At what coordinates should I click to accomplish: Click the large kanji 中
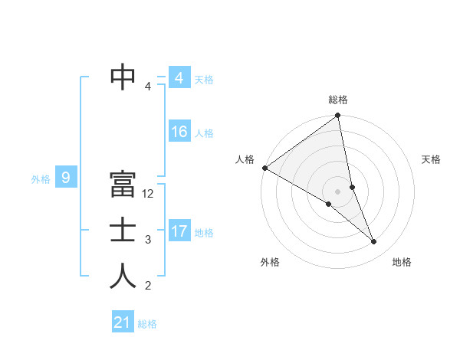[123, 77]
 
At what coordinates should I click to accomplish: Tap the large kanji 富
[123, 185]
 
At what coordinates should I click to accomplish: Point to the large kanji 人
[123, 277]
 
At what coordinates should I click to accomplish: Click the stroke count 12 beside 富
[149, 195]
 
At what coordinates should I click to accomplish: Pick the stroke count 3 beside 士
[148, 241]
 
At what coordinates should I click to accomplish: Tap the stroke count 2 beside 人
[148, 286]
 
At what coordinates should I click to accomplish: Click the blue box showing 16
[179, 132]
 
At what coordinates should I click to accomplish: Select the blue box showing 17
[179, 231]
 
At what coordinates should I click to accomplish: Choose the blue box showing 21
[123, 322]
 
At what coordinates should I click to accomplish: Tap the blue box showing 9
[66, 178]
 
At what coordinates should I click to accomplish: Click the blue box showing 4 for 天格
[179, 78]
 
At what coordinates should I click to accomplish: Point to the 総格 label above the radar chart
[338, 100]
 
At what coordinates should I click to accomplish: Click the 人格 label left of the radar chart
[245, 159]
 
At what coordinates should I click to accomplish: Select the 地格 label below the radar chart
[402, 262]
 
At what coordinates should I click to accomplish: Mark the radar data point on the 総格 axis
[337, 116]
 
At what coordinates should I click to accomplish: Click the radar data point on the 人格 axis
[264, 168]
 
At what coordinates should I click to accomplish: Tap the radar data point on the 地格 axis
[374, 242]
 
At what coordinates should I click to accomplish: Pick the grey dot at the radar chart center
[337, 191]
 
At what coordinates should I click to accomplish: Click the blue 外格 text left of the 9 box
[41, 179]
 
